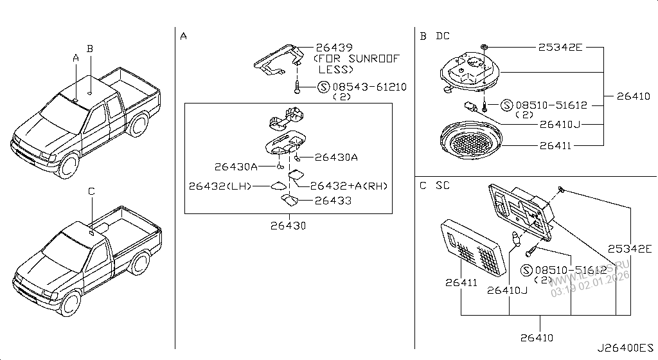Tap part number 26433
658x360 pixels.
pyautogui.click(x=333, y=201)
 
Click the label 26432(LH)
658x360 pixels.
pyautogui.click(x=219, y=186)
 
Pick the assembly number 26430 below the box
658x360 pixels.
pyautogui.click(x=288, y=226)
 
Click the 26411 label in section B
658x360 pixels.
pyautogui.click(x=556, y=146)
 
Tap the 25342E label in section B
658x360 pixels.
pyautogui.click(x=560, y=48)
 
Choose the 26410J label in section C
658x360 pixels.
pyautogui.click(x=507, y=290)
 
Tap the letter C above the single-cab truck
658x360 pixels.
pyautogui.click(x=91, y=191)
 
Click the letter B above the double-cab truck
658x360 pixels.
pyautogui.click(x=91, y=48)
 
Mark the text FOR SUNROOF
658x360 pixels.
pyautogui.click(x=356, y=59)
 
